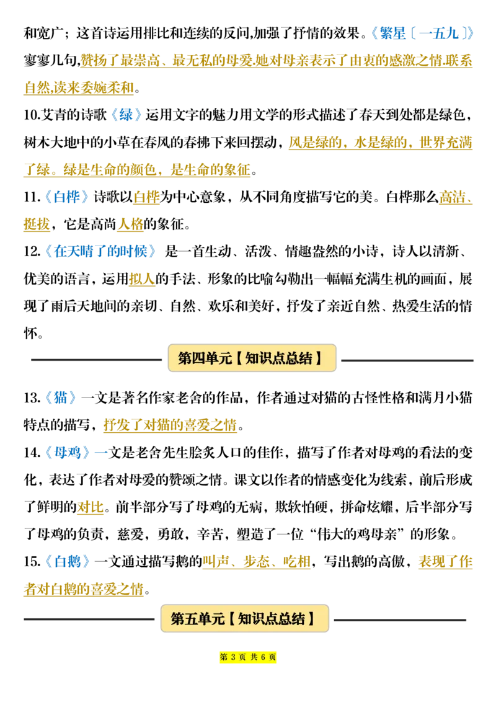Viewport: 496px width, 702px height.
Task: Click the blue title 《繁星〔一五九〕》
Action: (422, 33)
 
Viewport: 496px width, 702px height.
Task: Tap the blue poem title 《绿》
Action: (126, 115)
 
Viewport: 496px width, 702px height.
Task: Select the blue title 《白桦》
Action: (67, 197)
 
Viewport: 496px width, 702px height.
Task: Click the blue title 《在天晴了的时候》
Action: (100, 251)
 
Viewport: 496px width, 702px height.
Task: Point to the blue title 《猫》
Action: (60, 398)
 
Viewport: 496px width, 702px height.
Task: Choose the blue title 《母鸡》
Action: (68, 453)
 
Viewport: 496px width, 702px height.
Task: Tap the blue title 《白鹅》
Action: (68, 561)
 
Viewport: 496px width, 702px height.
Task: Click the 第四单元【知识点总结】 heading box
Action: (252, 358)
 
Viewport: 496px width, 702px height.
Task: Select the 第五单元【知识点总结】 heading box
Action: (245, 619)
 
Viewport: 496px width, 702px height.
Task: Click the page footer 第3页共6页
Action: (247, 657)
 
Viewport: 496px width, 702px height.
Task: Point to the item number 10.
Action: (32, 115)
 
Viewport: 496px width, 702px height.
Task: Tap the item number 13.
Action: (32, 398)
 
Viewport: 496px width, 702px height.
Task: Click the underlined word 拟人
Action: (142, 279)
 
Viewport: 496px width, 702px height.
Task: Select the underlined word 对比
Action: (90, 507)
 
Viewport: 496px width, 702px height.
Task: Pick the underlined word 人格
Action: (130, 224)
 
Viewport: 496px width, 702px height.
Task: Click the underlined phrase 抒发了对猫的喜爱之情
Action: (170, 425)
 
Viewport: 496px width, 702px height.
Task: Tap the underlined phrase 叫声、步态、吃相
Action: (257, 561)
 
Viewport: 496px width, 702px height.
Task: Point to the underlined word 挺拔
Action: (37, 224)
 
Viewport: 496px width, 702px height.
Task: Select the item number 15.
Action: (32, 561)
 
